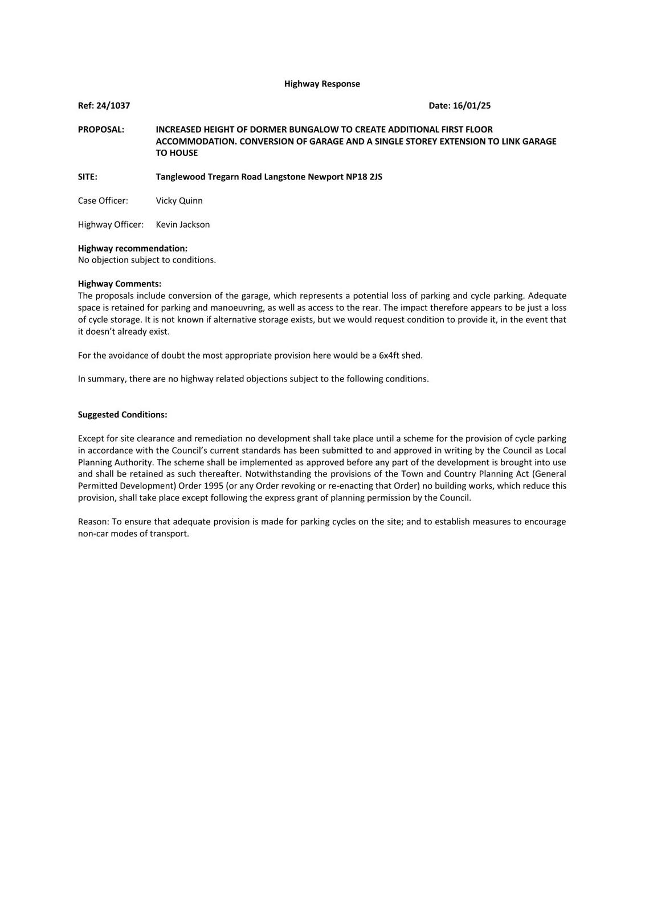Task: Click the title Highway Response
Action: pyautogui.click(x=322, y=84)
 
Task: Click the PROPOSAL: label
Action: pyautogui.click(x=101, y=129)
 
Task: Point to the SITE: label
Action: pyautogui.click(x=88, y=177)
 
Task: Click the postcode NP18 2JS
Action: pyautogui.click(x=364, y=177)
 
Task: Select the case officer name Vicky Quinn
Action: pyautogui.click(x=179, y=200)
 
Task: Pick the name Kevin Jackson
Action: pyautogui.click(x=182, y=224)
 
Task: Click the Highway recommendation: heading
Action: pyautogui.click(x=133, y=248)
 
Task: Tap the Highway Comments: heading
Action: pyautogui.click(x=120, y=284)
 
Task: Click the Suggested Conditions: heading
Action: pyautogui.click(x=123, y=415)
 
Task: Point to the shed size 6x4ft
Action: pyautogui.click(x=389, y=355)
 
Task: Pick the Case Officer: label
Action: pyautogui.click(x=103, y=200)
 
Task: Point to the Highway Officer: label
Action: pyautogui.click(x=111, y=224)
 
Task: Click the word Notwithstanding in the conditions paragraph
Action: pyautogui.click(x=281, y=474)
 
